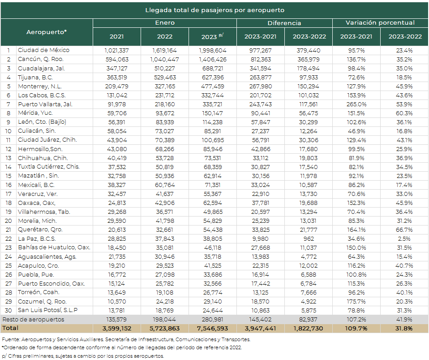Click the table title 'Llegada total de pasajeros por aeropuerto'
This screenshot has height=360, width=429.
[x=215, y=10]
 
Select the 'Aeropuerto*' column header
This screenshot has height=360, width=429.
[x=47, y=32]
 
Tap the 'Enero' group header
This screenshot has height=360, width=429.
[x=165, y=23]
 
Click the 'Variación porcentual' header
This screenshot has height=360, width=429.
[x=380, y=23]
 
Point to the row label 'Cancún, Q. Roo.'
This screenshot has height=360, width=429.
[x=40, y=59]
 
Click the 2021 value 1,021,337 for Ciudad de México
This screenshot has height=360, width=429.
[x=116, y=50]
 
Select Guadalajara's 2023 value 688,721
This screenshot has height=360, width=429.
[x=213, y=69]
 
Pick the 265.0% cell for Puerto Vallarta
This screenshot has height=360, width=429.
[x=356, y=104]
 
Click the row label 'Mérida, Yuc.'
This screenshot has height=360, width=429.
[x=35, y=113]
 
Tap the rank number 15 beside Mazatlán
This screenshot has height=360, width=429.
[x=9, y=176]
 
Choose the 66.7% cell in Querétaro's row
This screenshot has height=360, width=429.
[x=404, y=230]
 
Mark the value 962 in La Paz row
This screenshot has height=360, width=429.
[x=309, y=239]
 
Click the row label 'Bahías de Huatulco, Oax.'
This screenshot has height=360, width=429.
[x=54, y=247]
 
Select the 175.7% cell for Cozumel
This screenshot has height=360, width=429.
[x=356, y=302]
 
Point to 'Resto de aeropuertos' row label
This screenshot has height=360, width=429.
[x=33, y=320]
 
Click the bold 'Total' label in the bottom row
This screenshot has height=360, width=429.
[x=10, y=328]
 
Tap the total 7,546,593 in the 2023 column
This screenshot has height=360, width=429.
[x=212, y=329]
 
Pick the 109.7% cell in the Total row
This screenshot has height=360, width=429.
[x=356, y=329]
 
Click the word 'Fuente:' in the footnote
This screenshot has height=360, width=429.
[x=11, y=340]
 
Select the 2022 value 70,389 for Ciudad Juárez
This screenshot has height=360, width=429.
[x=165, y=140]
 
